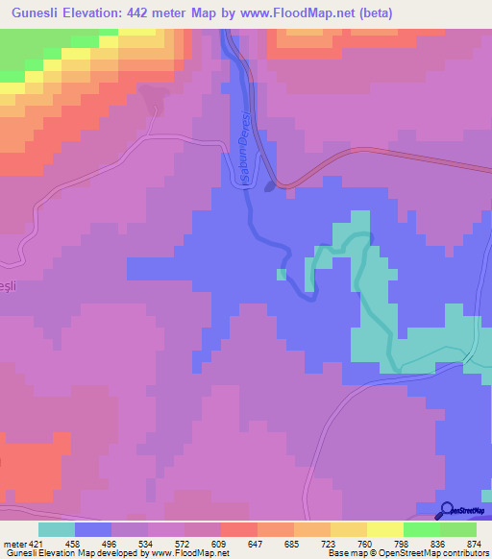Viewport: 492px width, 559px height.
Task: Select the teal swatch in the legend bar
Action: pyautogui.click(x=57, y=530)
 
